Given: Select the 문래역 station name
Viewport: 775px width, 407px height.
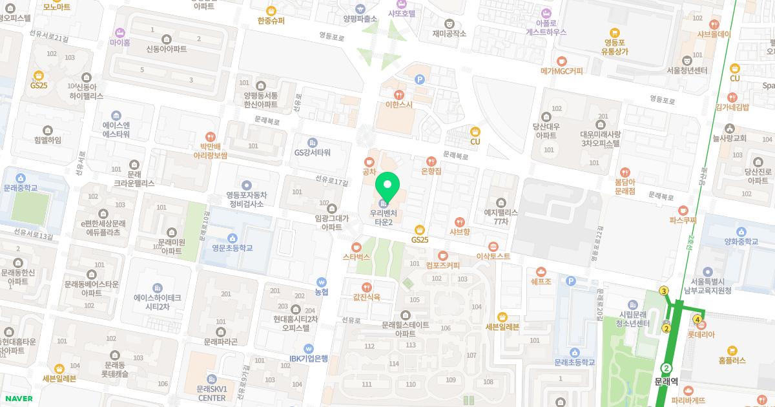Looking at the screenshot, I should [x=666, y=381].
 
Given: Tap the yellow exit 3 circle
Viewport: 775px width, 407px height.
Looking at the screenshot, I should [x=664, y=291].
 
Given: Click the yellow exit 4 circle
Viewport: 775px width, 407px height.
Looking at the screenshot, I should [x=697, y=318].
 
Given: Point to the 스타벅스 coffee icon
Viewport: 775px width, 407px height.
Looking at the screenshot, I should [x=356, y=247].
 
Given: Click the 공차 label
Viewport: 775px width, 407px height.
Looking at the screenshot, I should [x=369, y=172].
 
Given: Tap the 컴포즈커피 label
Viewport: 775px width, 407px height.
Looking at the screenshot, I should [x=442, y=265].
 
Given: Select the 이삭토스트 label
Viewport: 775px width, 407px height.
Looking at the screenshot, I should [x=493, y=256].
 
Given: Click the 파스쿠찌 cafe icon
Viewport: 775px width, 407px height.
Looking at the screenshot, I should [x=684, y=209].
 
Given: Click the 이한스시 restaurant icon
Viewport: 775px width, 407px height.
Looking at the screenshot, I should [x=398, y=94].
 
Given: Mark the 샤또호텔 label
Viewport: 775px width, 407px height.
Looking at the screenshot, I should [x=401, y=13].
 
